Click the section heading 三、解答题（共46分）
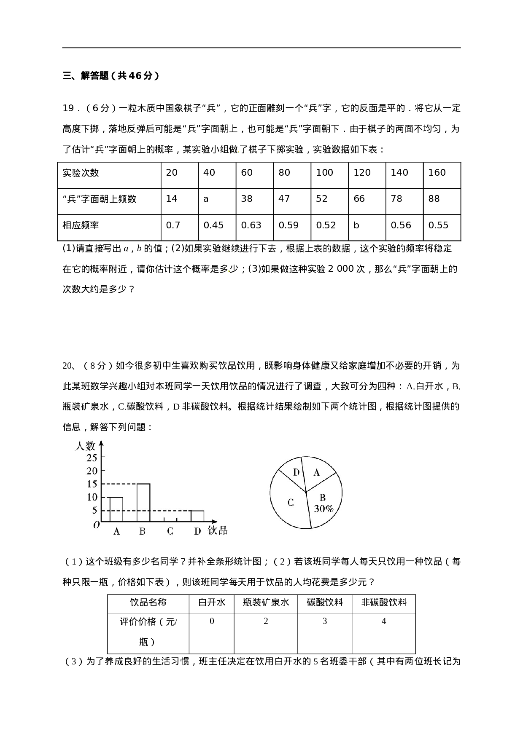pyautogui.click(x=111, y=76)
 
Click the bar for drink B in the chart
pyautogui.click(x=143, y=503)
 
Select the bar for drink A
pyautogui.click(x=116, y=510)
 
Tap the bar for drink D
pyautogui.click(x=197, y=517)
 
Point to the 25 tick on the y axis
pyautogui.click(x=92, y=458)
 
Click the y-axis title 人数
pyautogui.click(x=85, y=446)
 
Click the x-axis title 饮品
pyautogui.click(x=218, y=530)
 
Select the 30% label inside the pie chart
pyautogui.click(x=324, y=509)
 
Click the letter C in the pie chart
pyautogui.click(x=291, y=503)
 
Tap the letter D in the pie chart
pyautogui.click(x=297, y=472)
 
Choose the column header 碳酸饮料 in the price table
pyautogui.click(x=324, y=602)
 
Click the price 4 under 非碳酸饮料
pyautogui.click(x=383, y=621)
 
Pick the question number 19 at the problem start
pyautogui.click(x=68, y=109)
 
